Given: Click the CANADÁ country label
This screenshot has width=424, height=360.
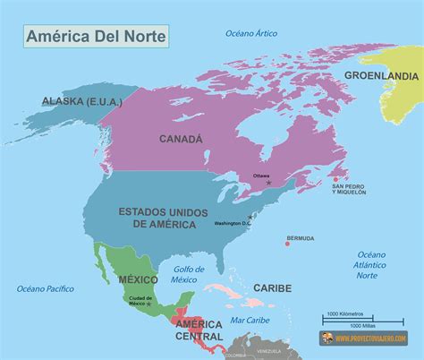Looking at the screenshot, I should click(x=181, y=139).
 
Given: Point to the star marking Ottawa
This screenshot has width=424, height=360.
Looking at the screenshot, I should click(x=267, y=183).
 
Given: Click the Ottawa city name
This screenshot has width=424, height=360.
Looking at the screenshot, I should click(x=262, y=176).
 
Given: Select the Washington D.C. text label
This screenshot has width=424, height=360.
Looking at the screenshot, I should click(x=231, y=223).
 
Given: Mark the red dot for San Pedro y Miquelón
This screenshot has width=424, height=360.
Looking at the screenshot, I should click(x=335, y=180).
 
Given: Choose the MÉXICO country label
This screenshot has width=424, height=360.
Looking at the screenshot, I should click(x=139, y=279).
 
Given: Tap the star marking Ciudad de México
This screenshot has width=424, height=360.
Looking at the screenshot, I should click(x=150, y=304).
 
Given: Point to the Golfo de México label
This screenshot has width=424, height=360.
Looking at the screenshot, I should click(x=183, y=274).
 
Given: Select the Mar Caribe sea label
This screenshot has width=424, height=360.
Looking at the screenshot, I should click(x=250, y=320).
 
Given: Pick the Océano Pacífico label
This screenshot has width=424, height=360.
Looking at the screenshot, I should click(x=44, y=288).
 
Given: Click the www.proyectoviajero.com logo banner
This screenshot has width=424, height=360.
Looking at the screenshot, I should click(x=365, y=339).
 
